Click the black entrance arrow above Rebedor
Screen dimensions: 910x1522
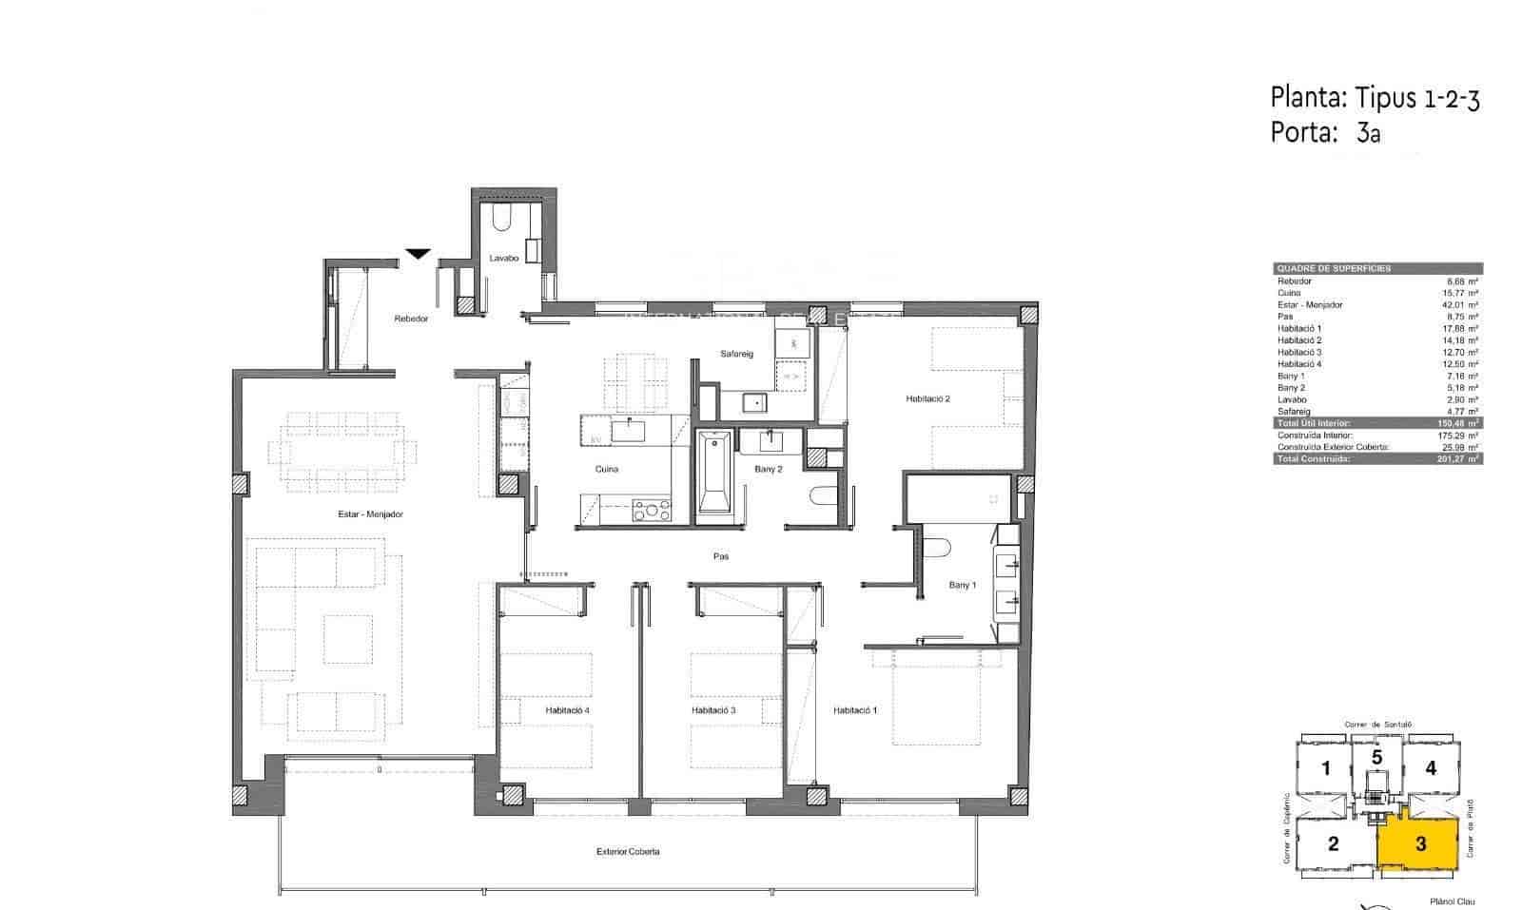[x=417, y=253]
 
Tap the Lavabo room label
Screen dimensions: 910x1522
[x=503, y=259]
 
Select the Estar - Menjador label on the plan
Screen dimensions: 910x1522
[x=371, y=514]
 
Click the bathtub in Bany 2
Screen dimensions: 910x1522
[x=712, y=473]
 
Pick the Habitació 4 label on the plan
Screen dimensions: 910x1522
[x=568, y=710]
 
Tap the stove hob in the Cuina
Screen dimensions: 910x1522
[x=652, y=511]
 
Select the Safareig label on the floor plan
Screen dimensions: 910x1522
[x=736, y=355]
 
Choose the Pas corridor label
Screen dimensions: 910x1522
[x=721, y=556]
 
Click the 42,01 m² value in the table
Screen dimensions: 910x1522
[x=1459, y=305]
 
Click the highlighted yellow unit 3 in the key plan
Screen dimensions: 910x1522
[x=1419, y=843]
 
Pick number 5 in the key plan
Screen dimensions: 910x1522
[x=1376, y=758]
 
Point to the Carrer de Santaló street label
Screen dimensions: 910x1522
[x=1377, y=725]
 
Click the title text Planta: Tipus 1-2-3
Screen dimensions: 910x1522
[x=1375, y=98]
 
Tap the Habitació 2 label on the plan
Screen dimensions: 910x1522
[x=927, y=399]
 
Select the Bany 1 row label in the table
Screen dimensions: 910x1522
[x=1291, y=377]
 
